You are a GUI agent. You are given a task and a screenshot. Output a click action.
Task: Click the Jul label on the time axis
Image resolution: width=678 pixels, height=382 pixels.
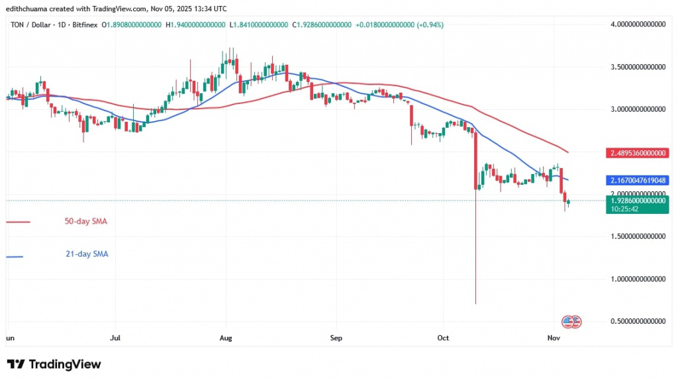click(115, 338)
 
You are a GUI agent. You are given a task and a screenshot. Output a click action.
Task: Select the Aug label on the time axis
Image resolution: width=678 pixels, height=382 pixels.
click(226, 338)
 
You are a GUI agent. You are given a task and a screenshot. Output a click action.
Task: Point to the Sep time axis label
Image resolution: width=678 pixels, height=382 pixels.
click(335, 338)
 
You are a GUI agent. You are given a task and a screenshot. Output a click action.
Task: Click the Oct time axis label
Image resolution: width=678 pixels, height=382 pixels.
click(443, 338)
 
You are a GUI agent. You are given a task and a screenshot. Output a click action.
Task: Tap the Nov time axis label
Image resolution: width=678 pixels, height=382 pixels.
click(555, 338)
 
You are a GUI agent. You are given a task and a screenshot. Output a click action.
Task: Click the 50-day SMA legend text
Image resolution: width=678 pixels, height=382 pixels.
click(85, 222)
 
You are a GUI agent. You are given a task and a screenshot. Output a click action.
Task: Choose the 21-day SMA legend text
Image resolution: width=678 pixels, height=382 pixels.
click(85, 254)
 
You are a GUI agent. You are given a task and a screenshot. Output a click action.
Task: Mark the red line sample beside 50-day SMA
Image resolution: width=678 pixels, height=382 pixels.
click(18, 222)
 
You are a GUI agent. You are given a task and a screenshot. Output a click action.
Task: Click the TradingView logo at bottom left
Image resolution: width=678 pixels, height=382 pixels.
click(54, 364)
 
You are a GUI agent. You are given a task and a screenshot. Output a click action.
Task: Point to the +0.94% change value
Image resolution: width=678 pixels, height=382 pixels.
click(430, 24)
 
